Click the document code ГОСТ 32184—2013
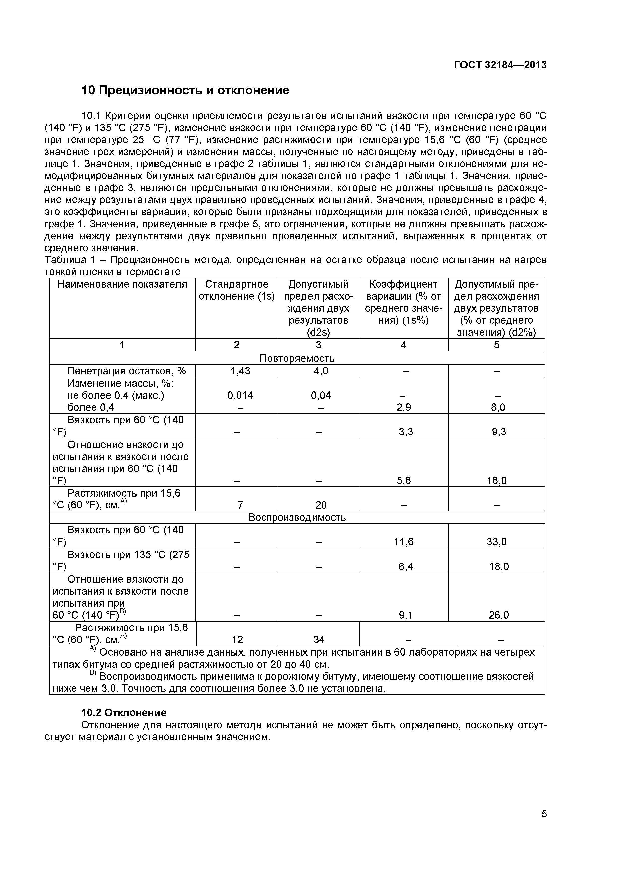coord(500,65)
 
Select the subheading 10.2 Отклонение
coord(124,712)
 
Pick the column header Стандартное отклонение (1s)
coord(236,290)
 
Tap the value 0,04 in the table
coord(320,395)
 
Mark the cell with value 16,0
coord(496,480)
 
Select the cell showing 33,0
coord(496,542)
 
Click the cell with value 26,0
coord(498,615)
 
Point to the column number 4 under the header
coord(403,345)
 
